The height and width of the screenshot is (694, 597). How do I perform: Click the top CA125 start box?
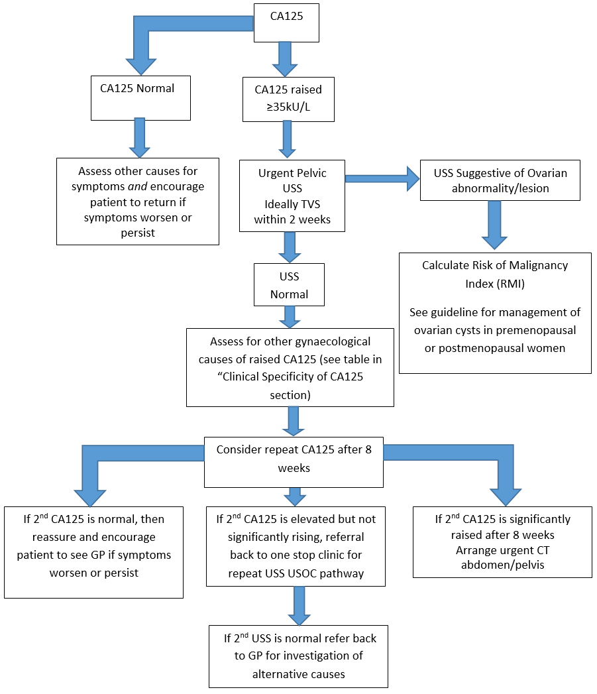click(x=287, y=22)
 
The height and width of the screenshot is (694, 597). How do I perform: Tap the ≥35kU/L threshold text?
click(x=288, y=106)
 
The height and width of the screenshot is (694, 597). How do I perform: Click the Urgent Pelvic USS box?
click(x=292, y=196)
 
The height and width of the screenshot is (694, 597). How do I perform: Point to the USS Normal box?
click(x=289, y=284)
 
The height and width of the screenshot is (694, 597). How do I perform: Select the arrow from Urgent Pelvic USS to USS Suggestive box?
click(x=382, y=179)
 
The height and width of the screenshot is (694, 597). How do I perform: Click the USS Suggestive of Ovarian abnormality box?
click(x=500, y=180)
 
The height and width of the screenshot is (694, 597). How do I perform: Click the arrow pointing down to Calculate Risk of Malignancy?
click(x=494, y=225)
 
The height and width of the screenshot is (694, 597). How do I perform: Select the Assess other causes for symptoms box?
click(x=137, y=202)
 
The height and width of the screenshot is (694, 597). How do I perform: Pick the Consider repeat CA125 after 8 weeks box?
click(x=294, y=461)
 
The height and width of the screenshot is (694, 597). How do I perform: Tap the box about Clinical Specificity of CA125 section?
click(x=290, y=367)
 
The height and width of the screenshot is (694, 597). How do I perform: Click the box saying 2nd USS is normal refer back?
click(x=298, y=656)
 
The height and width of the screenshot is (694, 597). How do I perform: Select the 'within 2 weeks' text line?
click(x=292, y=220)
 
